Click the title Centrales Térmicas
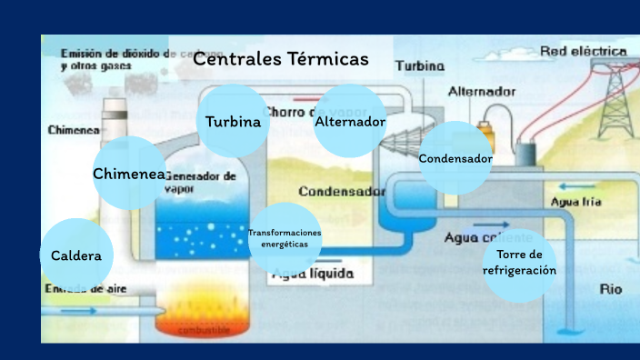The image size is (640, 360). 281,60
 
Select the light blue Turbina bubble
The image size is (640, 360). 233,121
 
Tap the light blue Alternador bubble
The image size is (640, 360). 350,121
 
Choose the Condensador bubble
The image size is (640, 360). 455,158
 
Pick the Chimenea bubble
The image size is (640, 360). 129,173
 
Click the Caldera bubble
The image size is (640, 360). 77,255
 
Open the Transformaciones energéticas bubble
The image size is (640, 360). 285,238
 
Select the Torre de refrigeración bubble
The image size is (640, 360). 519,264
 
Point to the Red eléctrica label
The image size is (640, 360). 583,51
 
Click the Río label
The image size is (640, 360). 611,290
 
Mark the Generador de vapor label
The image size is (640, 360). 202,181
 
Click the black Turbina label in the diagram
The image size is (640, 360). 420,66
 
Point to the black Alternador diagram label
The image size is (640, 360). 482,92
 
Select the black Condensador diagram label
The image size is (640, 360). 341,192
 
